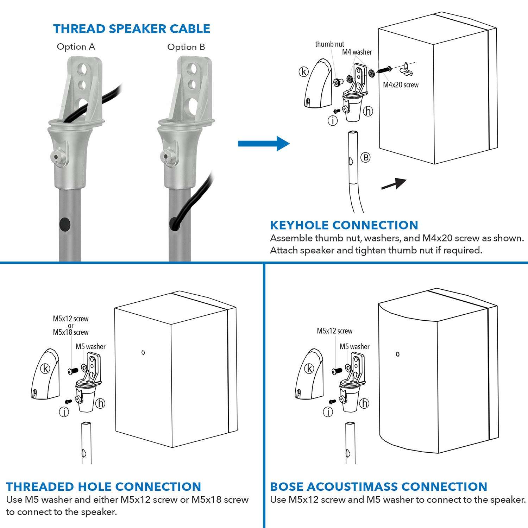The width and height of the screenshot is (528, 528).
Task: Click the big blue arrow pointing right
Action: coord(264,143)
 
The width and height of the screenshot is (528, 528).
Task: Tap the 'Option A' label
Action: coord(76,47)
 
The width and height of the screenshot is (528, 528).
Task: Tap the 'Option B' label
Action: coord(186,47)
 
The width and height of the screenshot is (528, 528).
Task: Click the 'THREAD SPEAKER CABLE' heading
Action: coord(132,29)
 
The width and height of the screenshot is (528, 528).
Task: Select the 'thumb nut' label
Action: coord(329,44)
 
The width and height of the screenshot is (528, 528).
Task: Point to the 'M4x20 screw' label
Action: coord(401,84)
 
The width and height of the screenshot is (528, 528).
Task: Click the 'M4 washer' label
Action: coord(357,52)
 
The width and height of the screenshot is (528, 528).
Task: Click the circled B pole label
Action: coord(366,157)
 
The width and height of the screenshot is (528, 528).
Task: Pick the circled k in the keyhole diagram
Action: coord(303,72)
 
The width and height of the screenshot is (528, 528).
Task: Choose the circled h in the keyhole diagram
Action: coord(368,111)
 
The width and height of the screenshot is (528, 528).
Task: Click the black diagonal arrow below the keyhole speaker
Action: coord(394,184)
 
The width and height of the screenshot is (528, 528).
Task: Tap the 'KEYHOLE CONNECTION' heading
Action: coord(344,225)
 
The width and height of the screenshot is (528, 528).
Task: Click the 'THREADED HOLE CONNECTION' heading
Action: coord(103,486)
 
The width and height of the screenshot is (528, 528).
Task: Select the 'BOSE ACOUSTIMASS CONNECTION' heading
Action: coord(378,486)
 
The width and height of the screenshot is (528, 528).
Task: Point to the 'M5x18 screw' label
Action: coord(71,332)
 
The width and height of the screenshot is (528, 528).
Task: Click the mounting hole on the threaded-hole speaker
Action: coord(143,352)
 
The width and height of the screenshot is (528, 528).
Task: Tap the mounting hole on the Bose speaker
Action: coord(398,354)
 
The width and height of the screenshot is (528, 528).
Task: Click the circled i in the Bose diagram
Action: coord(328,412)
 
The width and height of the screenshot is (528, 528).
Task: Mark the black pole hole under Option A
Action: coord(65,224)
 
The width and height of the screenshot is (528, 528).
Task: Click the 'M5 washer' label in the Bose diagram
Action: coord(354,347)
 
